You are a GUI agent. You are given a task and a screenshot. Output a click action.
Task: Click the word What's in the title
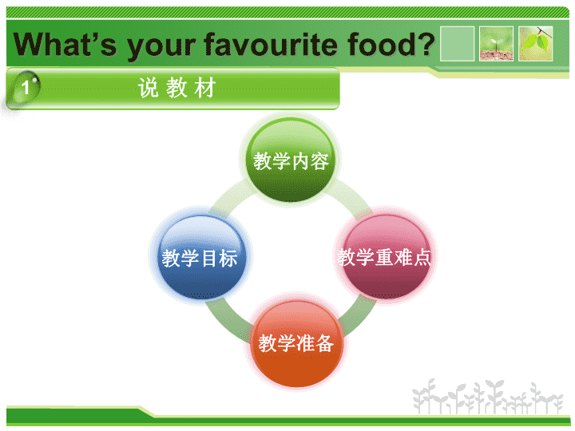point(65,44)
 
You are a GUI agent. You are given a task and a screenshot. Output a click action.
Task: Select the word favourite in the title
point(271,44)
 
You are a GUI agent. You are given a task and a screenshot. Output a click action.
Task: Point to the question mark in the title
point(426,44)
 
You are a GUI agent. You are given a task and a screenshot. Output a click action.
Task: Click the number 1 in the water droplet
point(25,88)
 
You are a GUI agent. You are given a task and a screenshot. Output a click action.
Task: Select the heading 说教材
point(176,88)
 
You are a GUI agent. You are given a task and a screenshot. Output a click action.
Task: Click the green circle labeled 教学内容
point(291,160)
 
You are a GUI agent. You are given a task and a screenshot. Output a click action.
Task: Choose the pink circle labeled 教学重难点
point(384,256)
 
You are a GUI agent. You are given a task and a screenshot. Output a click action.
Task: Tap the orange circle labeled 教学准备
point(296,343)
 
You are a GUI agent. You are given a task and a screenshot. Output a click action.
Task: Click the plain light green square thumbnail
point(457,43)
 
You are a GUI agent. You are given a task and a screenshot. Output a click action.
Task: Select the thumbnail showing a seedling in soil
point(496,43)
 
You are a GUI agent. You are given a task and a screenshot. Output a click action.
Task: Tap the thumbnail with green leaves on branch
point(535,43)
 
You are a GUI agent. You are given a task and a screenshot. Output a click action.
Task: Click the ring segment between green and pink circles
point(351,197)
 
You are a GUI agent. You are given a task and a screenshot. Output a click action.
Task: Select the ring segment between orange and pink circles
point(357,316)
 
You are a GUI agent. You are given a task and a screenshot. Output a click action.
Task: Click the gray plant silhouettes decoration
point(488,397)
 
